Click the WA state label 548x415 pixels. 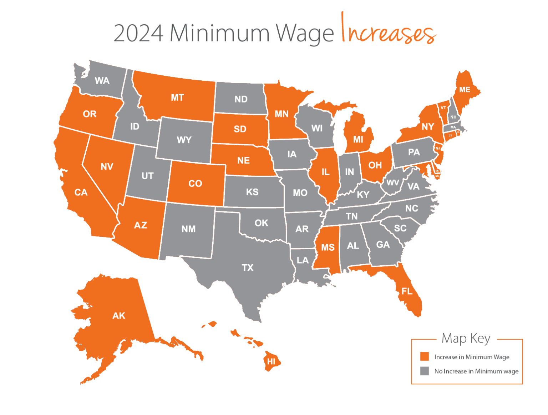[102, 81]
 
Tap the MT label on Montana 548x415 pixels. [177, 97]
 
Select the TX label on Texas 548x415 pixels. [248, 267]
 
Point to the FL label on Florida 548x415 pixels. [407, 291]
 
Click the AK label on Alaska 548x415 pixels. [119, 316]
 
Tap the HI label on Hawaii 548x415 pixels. [271, 361]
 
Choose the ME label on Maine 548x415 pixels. [465, 90]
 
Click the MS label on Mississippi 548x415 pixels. [328, 247]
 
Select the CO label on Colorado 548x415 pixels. [195, 184]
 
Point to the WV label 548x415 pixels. [393, 183]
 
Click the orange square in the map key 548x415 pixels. [425, 356]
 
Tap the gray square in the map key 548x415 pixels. [425, 371]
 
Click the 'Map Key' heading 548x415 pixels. [466, 338]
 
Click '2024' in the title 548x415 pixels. [138, 33]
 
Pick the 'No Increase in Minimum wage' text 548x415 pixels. [476, 371]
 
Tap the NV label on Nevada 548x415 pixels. [107, 166]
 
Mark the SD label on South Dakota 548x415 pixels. [240, 129]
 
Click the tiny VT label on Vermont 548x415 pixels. [443, 107]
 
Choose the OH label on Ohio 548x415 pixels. [375, 165]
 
